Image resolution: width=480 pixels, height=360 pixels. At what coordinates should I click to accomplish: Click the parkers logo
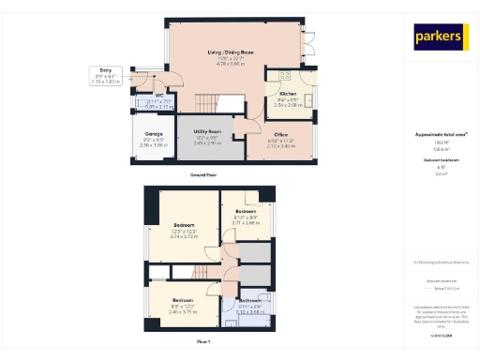pos(439,37)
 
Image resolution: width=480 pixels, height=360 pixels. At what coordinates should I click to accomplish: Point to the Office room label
pos(280,135)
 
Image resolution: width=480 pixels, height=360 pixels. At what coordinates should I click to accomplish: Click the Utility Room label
pos(207,131)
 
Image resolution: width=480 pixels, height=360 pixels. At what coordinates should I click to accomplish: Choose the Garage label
pos(152,134)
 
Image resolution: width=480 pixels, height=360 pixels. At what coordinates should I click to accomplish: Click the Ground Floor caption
pos(204,175)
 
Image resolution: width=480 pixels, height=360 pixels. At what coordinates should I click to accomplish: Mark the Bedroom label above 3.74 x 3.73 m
pos(184,226)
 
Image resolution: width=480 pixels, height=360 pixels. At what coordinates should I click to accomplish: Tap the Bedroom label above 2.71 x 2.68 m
pos(247,212)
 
